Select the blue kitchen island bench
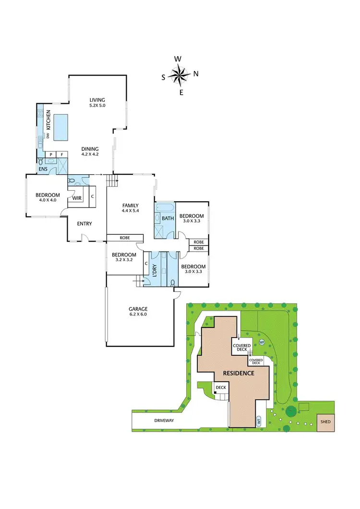tap(60, 127)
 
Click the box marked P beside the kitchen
tap(51, 155)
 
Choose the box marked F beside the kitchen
tap(61, 155)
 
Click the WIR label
tap(76, 197)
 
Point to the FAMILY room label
tap(130, 208)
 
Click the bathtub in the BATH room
tap(165, 208)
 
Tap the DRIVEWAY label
tap(164, 420)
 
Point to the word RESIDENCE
tap(238, 373)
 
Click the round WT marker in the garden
tap(262, 342)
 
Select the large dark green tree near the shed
tap(291, 412)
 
